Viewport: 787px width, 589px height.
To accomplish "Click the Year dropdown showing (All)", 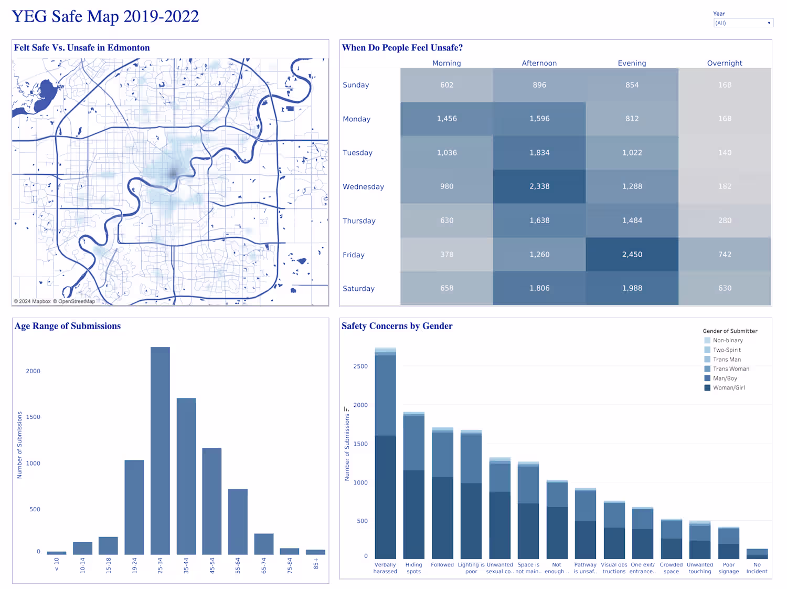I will point(743,23).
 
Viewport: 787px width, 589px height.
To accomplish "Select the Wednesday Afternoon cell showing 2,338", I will point(539,186).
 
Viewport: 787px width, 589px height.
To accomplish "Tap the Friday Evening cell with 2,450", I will point(632,255).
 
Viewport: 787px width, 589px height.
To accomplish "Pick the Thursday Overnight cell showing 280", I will point(725,220).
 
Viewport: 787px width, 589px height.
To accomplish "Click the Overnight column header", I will point(725,63).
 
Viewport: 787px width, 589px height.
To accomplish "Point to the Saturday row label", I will point(358,289).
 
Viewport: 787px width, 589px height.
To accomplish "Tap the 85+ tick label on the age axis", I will point(316,564).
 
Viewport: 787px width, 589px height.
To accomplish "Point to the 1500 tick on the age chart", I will point(33,417).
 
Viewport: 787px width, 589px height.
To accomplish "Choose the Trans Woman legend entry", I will point(731,369).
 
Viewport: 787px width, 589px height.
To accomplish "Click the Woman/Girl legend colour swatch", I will point(707,388).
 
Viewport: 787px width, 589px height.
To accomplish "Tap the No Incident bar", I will point(757,553).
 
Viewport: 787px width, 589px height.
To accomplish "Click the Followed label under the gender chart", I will point(442,565).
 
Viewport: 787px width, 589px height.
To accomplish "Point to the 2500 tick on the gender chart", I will point(360,366).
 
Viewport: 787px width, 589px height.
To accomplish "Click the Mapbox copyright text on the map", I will point(32,301).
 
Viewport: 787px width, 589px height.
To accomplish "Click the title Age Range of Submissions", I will point(68,326).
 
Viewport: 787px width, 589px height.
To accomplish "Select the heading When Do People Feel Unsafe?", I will point(402,48).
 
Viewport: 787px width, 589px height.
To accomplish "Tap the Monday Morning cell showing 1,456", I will point(446,119).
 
